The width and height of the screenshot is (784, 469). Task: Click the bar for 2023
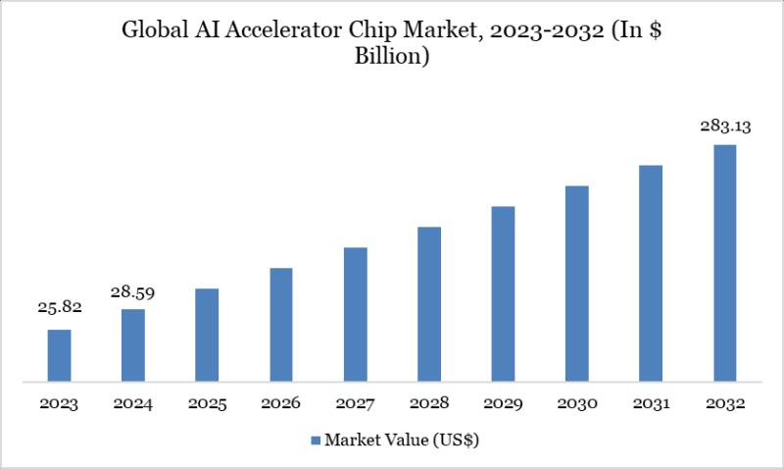pyautogui.click(x=59, y=355)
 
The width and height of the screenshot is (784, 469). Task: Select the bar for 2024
pyautogui.click(x=133, y=344)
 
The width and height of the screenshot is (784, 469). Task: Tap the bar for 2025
pyautogui.click(x=207, y=335)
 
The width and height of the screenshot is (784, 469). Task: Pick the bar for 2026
pyautogui.click(x=281, y=324)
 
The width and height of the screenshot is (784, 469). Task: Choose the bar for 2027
pyautogui.click(x=355, y=314)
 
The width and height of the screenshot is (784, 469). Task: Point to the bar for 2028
pyautogui.click(x=429, y=303)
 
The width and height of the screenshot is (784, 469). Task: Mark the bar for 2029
pyautogui.click(x=503, y=293)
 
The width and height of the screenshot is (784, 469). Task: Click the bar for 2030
pyautogui.click(x=577, y=283)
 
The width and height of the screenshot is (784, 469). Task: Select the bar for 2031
pyautogui.click(x=651, y=273)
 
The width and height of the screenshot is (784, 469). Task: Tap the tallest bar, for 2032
pyautogui.click(x=725, y=262)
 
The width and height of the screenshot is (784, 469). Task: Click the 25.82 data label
pyautogui.click(x=59, y=307)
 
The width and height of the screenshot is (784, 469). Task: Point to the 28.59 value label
pyautogui.click(x=133, y=291)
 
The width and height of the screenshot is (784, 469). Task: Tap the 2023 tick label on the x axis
pyautogui.click(x=59, y=403)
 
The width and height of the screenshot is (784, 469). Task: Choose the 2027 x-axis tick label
pyautogui.click(x=355, y=403)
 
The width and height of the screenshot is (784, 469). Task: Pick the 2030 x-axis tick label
pyautogui.click(x=577, y=403)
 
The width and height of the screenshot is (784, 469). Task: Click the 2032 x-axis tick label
pyautogui.click(x=725, y=403)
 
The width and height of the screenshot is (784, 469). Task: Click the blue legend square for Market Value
pyautogui.click(x=315, y=441)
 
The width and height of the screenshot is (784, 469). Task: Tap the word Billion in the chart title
pyautogui.click(x=392, y=57)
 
